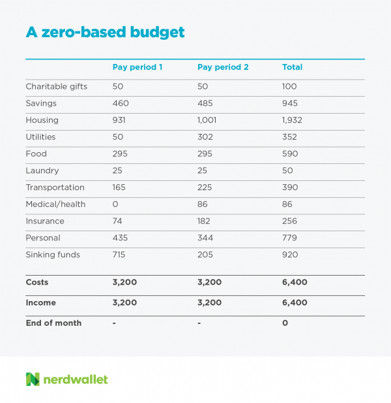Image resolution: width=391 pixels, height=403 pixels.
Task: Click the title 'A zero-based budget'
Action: point(105,32)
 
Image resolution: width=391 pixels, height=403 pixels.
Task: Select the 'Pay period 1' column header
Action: point(138,67)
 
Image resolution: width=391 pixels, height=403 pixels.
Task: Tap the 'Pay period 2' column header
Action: point(222,67)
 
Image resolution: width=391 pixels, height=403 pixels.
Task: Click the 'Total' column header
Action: point(292,67)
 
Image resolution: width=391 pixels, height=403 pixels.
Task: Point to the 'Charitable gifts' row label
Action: point(56,86)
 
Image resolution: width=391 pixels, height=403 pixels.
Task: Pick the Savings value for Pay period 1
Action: point(121,103)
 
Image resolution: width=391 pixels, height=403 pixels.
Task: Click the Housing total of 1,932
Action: point(292,120)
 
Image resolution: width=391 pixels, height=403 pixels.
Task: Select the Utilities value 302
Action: point(205,137)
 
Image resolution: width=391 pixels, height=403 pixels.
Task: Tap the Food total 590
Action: point(289,154)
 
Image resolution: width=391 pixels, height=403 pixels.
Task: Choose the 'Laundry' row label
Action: point(42,171)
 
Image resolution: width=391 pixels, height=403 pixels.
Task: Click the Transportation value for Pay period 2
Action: point(205,187)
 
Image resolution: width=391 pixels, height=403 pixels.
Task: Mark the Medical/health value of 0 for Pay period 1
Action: point(115,204)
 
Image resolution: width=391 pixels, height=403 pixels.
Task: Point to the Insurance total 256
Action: point(289,221)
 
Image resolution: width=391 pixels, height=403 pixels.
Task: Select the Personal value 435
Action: point(121,238)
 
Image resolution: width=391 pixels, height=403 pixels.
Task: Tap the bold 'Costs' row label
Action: point(37,282)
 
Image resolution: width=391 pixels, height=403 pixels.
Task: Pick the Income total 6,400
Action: point(295,303)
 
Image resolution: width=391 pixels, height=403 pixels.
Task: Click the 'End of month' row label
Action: point(53,323)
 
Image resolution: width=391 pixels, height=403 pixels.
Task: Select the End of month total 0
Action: point(285,323)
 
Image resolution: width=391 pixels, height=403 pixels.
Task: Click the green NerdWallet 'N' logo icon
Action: point(33,379)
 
